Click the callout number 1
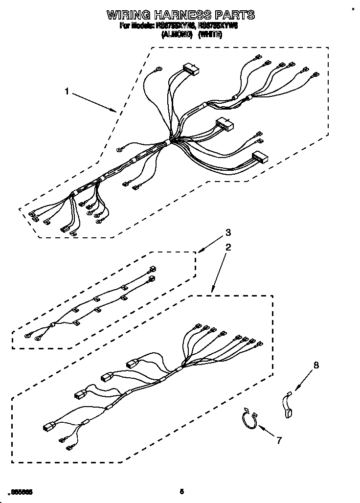67,91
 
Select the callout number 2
227,248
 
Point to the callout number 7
279,440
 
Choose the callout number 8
315,365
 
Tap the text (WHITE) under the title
211,35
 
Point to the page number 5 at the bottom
181,491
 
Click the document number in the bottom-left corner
21,491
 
